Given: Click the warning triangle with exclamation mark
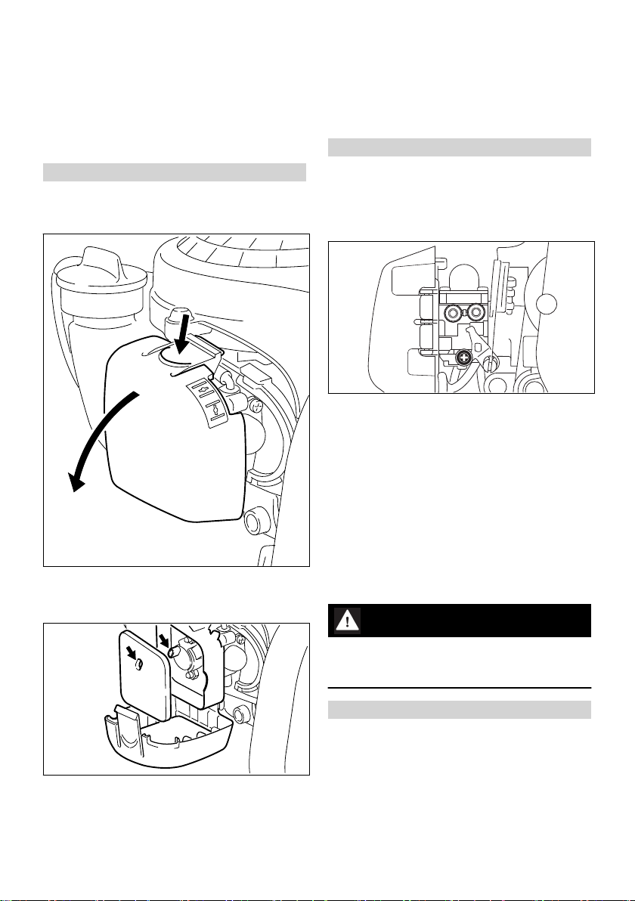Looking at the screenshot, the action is pyautogui.click(x=346, y=621).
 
